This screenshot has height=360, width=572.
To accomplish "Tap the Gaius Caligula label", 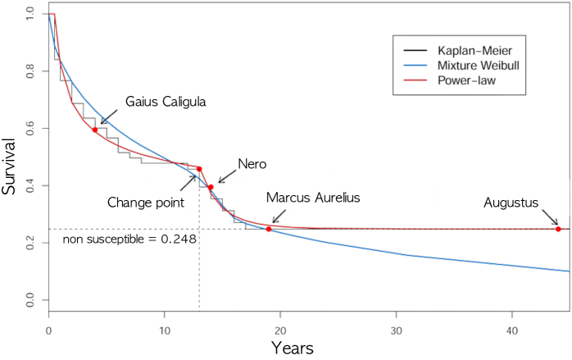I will [165, 102].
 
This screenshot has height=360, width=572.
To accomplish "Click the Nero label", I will [252, 164].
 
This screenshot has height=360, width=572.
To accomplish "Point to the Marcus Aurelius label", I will [313, 198].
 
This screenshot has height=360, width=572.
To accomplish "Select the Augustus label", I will [510, 202].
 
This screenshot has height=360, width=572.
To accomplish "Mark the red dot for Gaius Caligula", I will [95, 130].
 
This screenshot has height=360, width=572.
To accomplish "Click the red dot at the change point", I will [199, 170].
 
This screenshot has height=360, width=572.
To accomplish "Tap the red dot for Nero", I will [211, 187].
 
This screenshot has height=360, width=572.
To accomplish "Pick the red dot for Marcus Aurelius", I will [269, 228].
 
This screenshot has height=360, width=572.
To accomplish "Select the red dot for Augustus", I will [558, 229].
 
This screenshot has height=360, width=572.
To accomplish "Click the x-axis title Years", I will [293, 347].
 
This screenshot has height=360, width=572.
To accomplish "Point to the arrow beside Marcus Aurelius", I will [279, 217].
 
